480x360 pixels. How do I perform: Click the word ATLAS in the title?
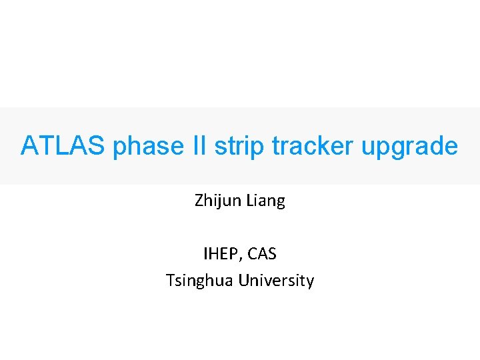[62, 146]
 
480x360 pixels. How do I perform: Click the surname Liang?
[266, 201]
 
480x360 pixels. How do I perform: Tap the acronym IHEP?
[221, 254]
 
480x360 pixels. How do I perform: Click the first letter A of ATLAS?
[29, 146]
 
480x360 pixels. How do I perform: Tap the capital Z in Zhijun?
[199, 200]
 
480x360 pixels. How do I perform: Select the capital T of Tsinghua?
[169, 280]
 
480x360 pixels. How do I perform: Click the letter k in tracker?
[332, 146]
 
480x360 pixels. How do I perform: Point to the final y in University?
[309, 283]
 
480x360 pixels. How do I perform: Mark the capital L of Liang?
[251, 200]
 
